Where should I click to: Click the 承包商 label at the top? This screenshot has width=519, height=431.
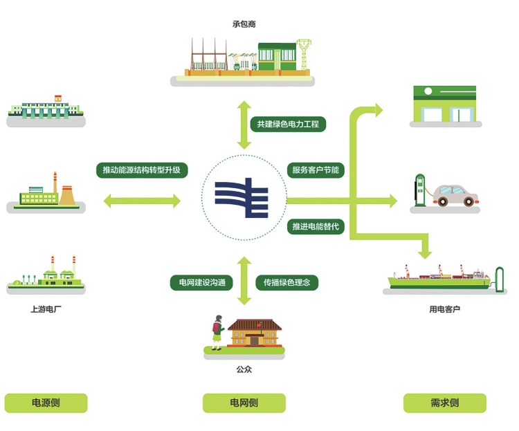tap(244, 24)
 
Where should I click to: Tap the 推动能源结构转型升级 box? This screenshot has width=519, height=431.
tap(141, 170)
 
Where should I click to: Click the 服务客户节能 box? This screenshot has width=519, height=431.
tap(315, 170)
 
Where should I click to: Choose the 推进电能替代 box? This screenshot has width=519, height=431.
tap(315, 227)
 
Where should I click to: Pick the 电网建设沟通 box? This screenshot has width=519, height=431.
tap(201, 282)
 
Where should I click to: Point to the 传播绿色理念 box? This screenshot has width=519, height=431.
tap(286, 282)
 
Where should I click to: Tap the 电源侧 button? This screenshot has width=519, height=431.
tap(46, 403)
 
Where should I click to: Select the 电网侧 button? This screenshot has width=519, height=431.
tap(244, 403)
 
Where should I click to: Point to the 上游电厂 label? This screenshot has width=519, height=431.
tap(46, 309)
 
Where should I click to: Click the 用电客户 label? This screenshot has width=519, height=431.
tap(444, 309)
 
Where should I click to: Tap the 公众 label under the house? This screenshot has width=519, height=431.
tap(244, 369)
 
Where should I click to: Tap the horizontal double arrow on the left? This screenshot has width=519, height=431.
tap(141, 201)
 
